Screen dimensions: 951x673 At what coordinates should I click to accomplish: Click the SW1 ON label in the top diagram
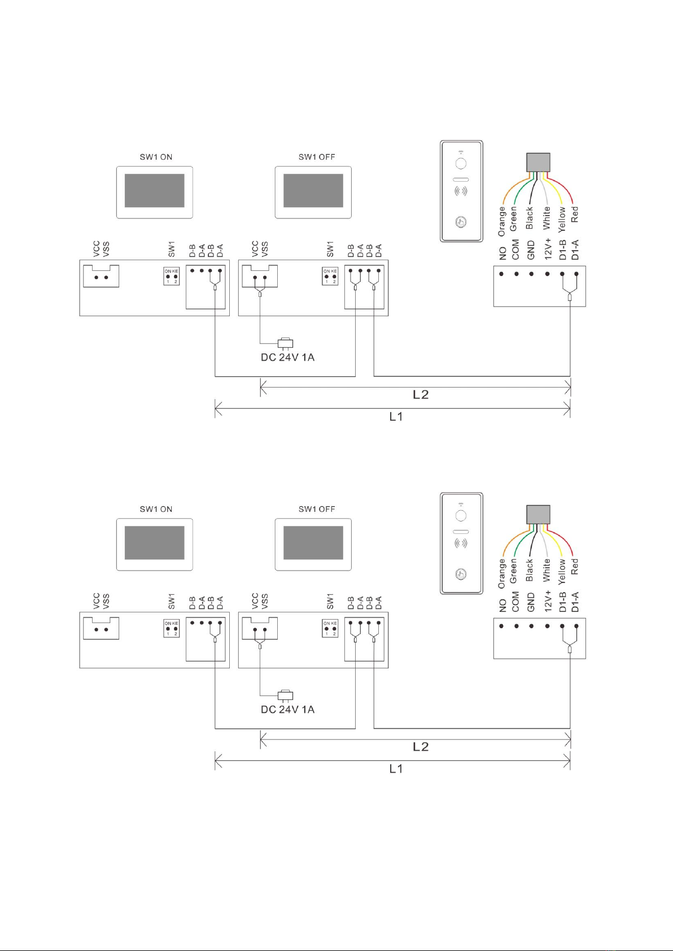156,157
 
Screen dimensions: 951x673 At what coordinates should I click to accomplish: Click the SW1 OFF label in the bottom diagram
317,509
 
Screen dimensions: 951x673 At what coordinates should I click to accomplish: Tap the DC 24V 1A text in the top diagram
287,357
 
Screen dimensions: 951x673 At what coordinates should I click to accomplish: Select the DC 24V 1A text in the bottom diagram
287,709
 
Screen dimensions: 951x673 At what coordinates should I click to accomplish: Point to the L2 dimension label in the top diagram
421,395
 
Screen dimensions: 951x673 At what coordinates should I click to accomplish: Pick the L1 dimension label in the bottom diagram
396,769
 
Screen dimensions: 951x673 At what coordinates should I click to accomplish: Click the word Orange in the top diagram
501,221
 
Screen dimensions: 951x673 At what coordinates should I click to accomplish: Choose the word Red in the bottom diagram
575,567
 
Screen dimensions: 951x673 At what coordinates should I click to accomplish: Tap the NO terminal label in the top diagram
502,253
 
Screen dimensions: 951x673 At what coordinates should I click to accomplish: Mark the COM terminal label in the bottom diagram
515,602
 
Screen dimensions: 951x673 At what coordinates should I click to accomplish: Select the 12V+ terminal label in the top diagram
548,249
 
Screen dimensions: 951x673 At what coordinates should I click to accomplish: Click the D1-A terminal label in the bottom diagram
575,602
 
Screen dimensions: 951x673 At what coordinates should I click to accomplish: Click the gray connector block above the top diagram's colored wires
538,162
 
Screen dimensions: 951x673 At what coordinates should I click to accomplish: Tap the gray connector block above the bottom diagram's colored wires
538,514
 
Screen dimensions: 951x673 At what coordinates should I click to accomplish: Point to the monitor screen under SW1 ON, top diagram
154,191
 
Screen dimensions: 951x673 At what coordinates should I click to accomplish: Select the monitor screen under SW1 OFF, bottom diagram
313,543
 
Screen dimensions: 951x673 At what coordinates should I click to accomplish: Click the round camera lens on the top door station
461,164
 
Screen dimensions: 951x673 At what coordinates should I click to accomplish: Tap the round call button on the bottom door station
461,574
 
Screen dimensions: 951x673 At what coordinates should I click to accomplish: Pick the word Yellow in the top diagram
562,219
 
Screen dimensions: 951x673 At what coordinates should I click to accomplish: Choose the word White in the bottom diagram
546,570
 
